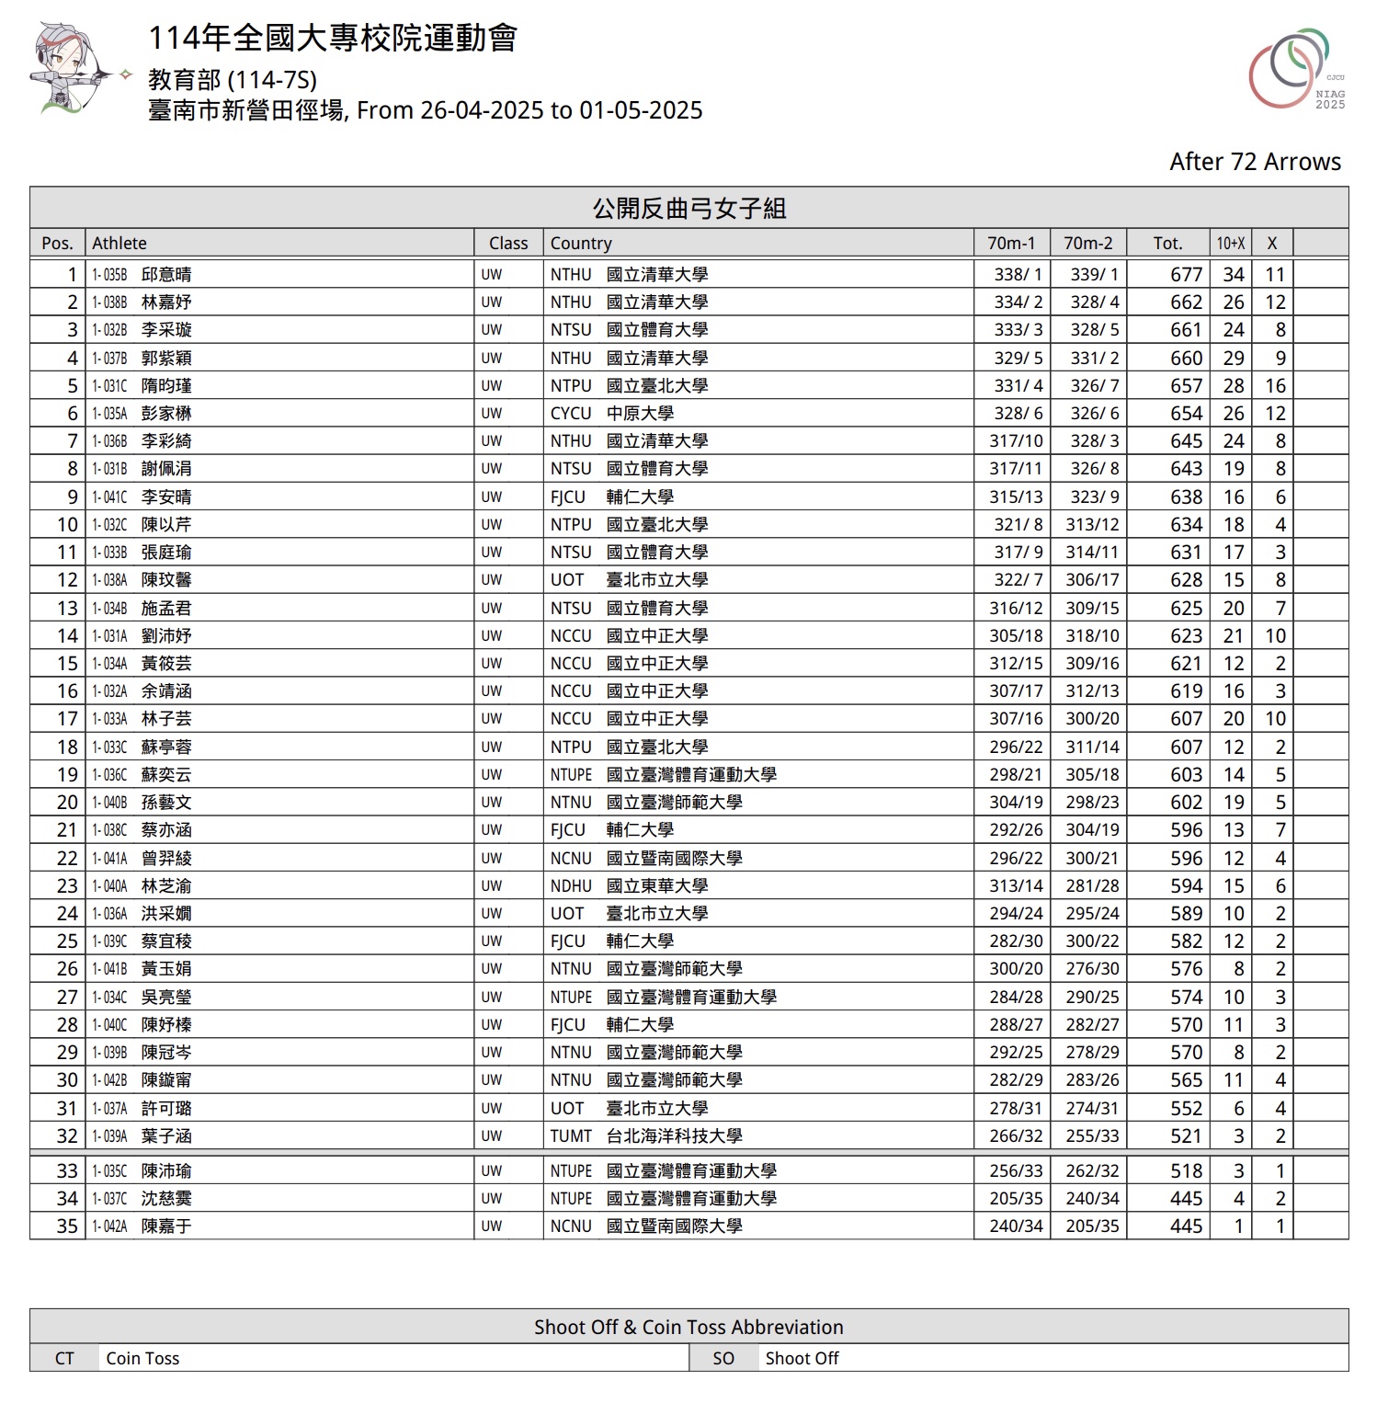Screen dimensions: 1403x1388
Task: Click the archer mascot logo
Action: click(x=74, y=72)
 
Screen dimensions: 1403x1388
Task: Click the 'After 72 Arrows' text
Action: click(x=1255, y=162)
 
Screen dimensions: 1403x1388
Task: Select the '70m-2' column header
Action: click(x=1087, y=243)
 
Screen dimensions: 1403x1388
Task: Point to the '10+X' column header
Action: click(x=1230, y=243)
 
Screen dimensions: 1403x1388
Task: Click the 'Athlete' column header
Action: click(x=119, y=243)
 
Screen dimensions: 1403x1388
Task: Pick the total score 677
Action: click(x=1186, y=274)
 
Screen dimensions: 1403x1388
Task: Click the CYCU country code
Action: click(x=571, y=413)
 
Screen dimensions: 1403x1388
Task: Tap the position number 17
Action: click(x=67, y=718)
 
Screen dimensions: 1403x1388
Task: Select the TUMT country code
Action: click(x=571, y=1135)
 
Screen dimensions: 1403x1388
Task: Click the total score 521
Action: click(x=1186, y=1135)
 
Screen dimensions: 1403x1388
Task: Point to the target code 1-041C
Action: click(x=109, y=496)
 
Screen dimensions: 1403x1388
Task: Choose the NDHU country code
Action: click(x=571, y=885)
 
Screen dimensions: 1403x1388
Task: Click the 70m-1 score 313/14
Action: click(x=1016, y=885)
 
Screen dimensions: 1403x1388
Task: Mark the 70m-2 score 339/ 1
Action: click(x=1094, y=274)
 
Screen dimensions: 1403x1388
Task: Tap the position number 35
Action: click(x=67, y=1226)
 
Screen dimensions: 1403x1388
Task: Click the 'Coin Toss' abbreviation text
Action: click(x=142, y=1358)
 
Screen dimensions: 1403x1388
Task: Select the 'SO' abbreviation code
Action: click(x=723, y=1358)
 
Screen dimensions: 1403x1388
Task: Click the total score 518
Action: click(x=1186, y=1170)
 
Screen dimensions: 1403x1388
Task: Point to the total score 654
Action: click(x=1186, y=413)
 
